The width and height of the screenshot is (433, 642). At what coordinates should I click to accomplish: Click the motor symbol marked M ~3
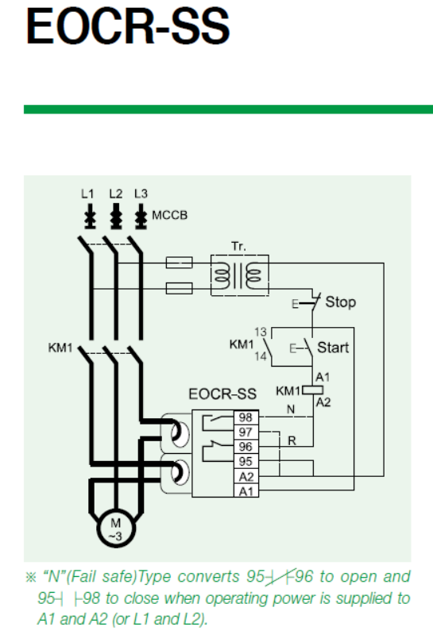pyautogui.click(x=116, y=529)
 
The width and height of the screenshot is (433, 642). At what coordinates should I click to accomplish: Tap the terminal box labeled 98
pyautogui.click(x=245, y=417)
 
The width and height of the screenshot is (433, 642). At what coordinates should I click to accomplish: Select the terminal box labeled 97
pyautogui.click(x=245, y=432)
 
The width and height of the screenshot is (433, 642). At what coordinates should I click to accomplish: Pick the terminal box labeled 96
pyautogui.click(x=245, y=447)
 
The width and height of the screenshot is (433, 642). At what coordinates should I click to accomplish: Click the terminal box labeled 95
pyautogui.click(x=245, y=461)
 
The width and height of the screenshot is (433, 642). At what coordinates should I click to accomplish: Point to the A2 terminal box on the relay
pyautogui.click(x=246, y=476)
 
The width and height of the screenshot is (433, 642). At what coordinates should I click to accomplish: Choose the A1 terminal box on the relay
pyautogui.click(x=246, y=490)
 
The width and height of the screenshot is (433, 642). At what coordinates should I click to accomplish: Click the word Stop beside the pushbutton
pyautogui.click(x=340, y=302)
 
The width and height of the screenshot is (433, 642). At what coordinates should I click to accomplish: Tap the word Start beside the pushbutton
pyautogui.click(x=333, y=348)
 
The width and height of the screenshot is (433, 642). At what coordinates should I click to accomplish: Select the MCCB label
pyautogui.click(x=170, y=215)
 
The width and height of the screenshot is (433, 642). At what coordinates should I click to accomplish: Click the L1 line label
pyautogui.click(x=87, y=194)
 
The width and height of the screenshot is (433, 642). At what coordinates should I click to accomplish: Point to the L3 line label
pyautogui.click(x=141, y=194)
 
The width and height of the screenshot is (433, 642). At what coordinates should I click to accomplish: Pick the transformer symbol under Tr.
pyautogui.click(x=240, y=275)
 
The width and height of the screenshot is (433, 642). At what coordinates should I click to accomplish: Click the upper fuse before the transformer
pyautogui.click(x=180, y=263)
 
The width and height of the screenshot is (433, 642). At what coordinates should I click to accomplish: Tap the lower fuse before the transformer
pyautogui.click(x=180, y=288)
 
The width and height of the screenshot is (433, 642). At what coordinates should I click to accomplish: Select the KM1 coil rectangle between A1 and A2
pyautogui.click(x=312, y=390)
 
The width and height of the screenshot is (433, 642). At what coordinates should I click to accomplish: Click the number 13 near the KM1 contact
pyautogui.click(x=261, y=332)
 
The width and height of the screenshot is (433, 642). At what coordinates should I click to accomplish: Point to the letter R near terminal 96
pyautogui.click(x=292, y=441)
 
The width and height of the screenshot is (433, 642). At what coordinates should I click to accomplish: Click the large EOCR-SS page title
pyautogui.click(x=128, y=26)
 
